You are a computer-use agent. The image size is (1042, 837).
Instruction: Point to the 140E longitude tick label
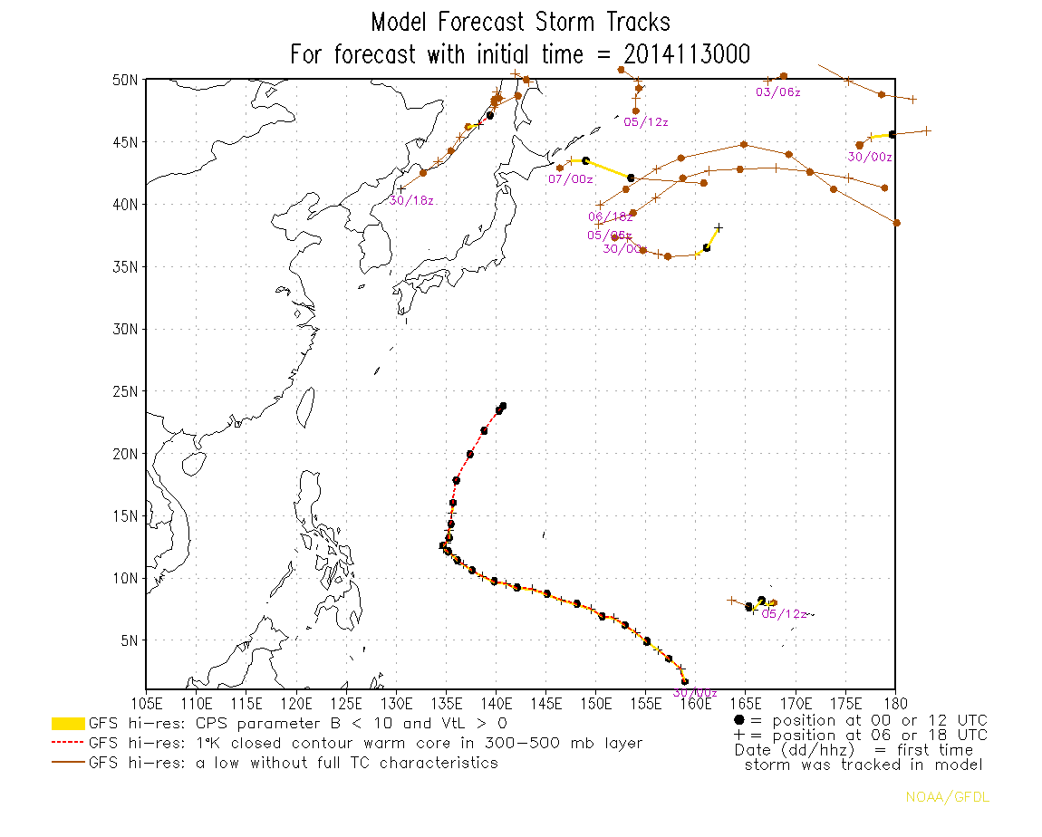click(496, 703)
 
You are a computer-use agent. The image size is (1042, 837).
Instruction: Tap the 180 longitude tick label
click(894, 703)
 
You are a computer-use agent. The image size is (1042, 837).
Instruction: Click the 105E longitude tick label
click(147, 703)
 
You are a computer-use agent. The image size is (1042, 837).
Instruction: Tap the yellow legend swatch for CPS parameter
click(68, 724)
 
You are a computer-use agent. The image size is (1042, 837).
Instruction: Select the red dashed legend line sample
click(68, 744)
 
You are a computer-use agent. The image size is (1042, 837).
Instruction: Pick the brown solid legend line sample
click(68, 764)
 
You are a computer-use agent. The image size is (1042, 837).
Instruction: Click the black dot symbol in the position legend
click(739, 720)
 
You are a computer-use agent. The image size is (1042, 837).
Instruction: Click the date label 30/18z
click(412, 200)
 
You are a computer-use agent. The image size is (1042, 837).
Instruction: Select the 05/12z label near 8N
click(784, 614)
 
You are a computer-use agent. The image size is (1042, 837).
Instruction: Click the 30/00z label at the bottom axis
click(695, 693)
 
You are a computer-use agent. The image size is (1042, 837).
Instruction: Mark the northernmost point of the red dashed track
click(503, 406)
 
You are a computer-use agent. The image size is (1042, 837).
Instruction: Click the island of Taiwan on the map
click(305, 408)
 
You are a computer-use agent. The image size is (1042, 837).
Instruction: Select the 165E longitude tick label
click(745, 703)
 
